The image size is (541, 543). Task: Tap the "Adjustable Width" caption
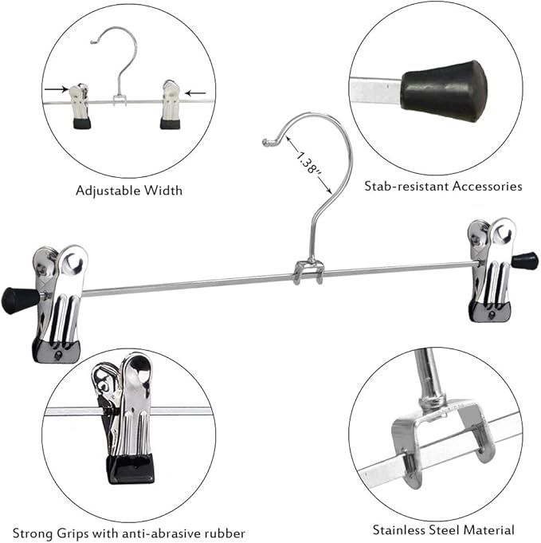pos(128,190)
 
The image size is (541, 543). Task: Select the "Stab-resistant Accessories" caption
pos(443,186)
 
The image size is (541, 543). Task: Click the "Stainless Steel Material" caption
pos(443,529)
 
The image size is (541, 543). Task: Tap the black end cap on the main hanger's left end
pos(20,300)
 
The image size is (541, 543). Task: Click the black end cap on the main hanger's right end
pos(524,261)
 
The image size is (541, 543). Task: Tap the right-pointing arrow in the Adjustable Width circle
pos(57,90)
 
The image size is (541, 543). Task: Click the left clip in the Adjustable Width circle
pos(79,106)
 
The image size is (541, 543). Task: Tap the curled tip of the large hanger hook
pos(267,143)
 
